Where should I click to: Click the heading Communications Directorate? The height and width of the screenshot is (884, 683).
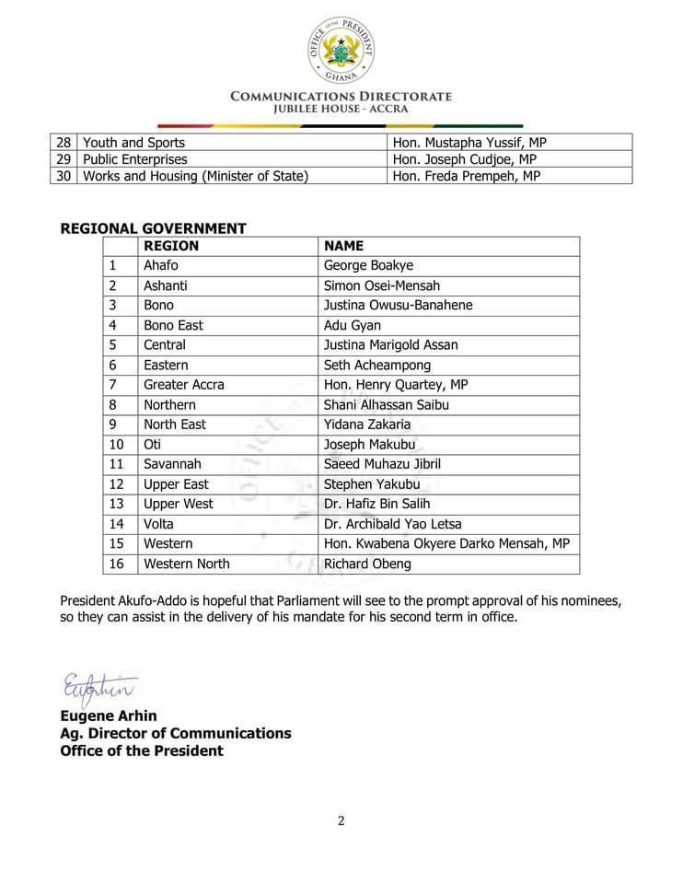coord(341,96)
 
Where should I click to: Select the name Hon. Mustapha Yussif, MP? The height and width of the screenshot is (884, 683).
coord(470,143)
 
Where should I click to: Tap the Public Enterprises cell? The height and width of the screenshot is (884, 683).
coord(134,159)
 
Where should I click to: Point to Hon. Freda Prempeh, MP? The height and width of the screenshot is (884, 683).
coord(466,176)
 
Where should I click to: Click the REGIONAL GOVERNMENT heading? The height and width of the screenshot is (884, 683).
coord(153,228)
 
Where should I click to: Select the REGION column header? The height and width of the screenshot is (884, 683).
coord(171,246)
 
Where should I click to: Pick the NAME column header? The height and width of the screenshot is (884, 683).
coord(343,246)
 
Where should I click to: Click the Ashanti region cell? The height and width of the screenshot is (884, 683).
coord(166,285)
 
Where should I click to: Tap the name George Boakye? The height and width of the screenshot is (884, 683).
coord(368,266)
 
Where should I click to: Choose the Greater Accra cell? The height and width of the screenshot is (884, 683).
coord(183,385)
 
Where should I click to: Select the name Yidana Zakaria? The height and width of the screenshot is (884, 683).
coord(367,425)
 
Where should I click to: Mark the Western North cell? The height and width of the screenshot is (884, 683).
coord(187,564)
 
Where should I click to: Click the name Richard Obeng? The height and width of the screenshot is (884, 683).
coord(367,564)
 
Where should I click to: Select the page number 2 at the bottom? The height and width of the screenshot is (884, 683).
coord(341,821)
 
